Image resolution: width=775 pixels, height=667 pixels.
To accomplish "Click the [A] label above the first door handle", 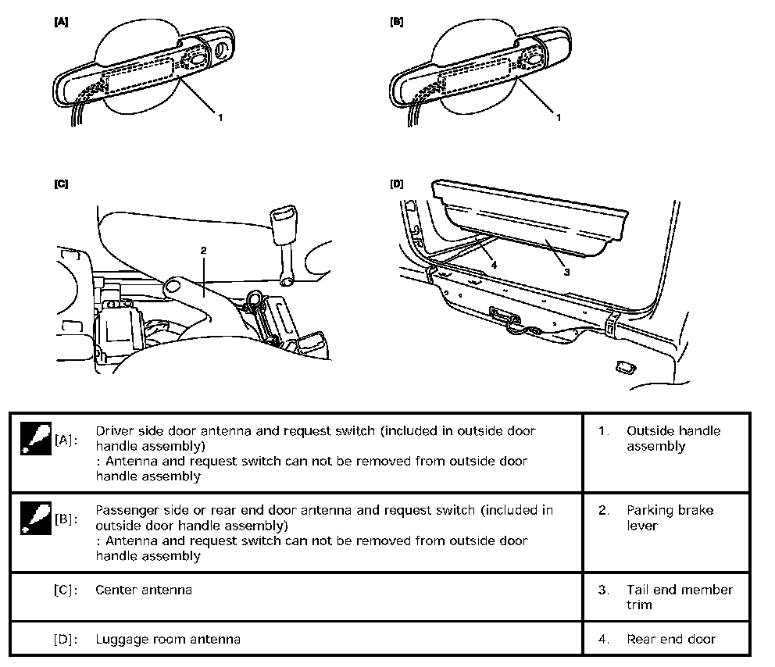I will pos(61,23).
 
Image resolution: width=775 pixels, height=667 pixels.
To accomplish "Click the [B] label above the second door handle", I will pos(396,23).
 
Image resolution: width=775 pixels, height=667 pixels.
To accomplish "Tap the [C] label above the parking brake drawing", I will pos(61,185).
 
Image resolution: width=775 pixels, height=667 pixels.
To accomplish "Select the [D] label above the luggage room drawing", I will pos(396,185).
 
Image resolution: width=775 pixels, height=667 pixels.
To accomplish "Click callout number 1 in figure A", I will pos(221,118).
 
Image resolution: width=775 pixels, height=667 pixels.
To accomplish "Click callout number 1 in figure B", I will pos(559,118).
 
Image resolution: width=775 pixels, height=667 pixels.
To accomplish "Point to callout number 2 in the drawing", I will pos(203,251).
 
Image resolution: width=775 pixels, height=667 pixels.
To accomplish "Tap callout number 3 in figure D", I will pos(566,272).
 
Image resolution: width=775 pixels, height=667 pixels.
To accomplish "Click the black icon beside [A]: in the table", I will pos(32,439).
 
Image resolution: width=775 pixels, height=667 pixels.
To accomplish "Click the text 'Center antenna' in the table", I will pos(144,590).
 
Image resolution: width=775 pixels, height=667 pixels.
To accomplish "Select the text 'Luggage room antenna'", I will pos(167,639).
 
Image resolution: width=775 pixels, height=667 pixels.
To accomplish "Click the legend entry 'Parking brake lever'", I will pos(670,518).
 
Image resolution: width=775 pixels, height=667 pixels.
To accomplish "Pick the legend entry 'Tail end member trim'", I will pos(679,597).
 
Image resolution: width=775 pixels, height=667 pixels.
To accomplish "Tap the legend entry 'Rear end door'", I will pos(670,639).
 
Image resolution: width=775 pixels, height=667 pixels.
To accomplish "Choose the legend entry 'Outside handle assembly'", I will pos(673,438).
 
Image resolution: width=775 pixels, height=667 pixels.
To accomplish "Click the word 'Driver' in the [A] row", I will pos(113,431).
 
